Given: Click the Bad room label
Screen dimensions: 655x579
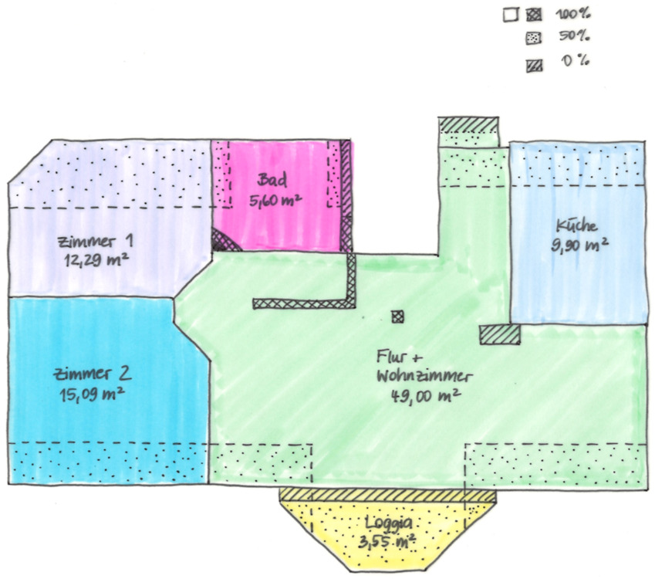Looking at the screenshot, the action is pos(273,181).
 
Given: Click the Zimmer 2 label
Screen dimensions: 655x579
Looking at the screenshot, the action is pos(93,375).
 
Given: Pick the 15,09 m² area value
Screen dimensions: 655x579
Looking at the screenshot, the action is pos(93,394).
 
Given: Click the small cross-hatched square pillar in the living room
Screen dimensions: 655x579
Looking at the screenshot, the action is pos(397,316).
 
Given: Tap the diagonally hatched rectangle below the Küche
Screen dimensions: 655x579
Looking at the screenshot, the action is pos(499,334).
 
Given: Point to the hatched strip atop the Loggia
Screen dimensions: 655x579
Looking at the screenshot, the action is pos(387,494).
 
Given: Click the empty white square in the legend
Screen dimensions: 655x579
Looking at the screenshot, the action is pos(509,14).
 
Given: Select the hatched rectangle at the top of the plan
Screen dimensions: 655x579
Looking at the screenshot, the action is pos(468,124).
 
